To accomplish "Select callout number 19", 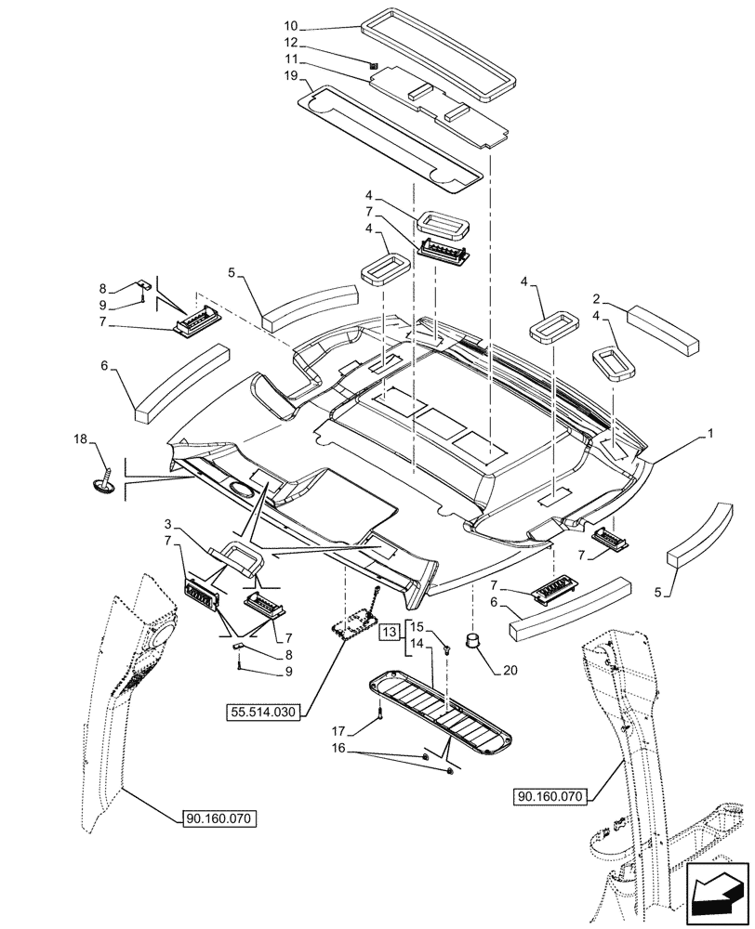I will click(x=290, y=75).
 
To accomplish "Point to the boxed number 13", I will click(x=391, y=634).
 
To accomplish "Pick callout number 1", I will click(x=711, y=434).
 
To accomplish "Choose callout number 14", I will click(x=417, y=643).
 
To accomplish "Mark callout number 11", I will click(x=290, y=59).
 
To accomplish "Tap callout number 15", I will click(x=417, y=626).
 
